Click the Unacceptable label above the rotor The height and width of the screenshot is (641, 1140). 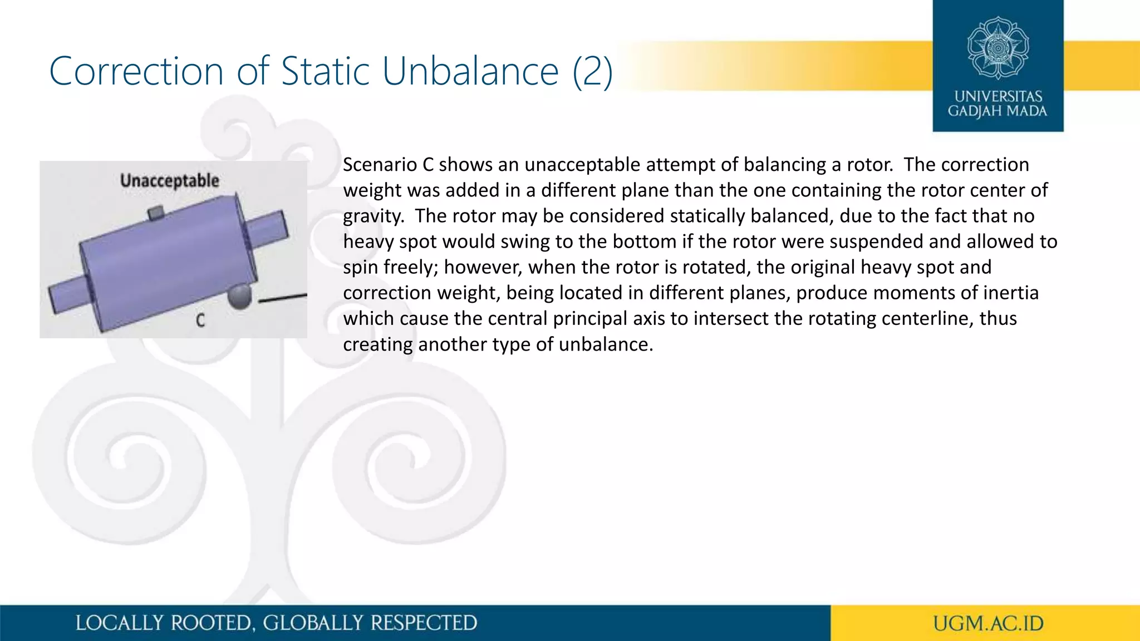pyautogui.click(x=170, y=181)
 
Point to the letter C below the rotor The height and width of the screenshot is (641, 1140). pyautogui.click(x=200, y=320)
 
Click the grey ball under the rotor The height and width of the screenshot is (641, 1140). pyautogui.click(x=240, y=297)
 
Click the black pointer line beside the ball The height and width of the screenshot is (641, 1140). pyautogui.click(x=283, y=298)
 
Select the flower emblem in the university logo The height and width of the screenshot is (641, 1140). pyautogui.click(x=997, y=48)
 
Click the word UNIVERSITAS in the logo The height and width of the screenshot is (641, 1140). pyautogui.click(x=998, y=96)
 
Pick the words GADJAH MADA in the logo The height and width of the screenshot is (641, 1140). pyautogui.click(x=997, y=111)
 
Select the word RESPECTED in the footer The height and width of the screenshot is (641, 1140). pyautogui.click(x=424, y=623)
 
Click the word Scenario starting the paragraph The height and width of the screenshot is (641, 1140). pyautogui.click(x=379, y=165)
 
